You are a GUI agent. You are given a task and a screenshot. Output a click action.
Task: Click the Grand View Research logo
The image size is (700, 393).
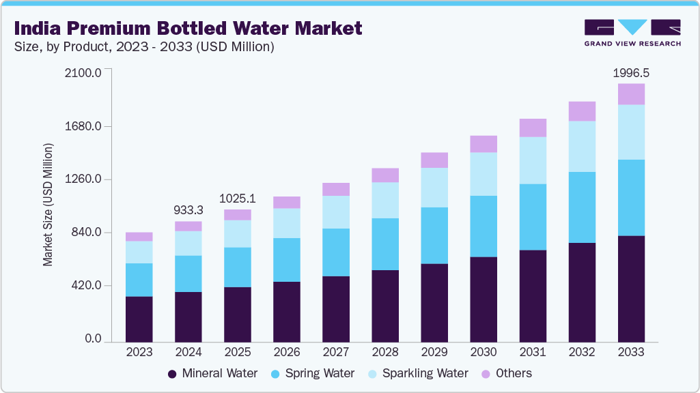(x=632, y=32)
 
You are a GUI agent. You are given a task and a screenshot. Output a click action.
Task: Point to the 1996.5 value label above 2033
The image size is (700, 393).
(x=631, y=72)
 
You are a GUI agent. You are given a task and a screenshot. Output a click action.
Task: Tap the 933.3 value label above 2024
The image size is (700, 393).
(x=188, y=210)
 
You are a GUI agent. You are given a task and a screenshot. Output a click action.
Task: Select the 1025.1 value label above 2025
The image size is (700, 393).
(x=238, y=199)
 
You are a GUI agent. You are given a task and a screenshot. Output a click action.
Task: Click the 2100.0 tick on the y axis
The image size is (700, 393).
(x=82, y=73)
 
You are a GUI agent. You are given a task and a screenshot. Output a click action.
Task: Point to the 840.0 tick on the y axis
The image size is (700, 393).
(x=85, y=233)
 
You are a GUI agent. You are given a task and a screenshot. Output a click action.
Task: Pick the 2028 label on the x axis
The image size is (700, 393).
(x=385, y=352)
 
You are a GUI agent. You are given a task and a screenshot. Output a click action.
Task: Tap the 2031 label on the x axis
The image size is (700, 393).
(x=533, y=352)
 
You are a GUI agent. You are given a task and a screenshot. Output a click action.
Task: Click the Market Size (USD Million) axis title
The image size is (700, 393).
(x=48, y=205)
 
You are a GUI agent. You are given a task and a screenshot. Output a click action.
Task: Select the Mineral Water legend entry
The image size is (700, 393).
(x=212, y=373)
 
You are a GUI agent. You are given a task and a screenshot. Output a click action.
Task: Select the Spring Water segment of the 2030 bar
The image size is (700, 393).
(x=484, y=226)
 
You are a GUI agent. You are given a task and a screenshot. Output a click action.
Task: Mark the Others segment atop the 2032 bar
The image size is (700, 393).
(x=582, y=111)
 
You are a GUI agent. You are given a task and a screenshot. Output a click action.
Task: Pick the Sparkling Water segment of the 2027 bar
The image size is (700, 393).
(x=336, y=212)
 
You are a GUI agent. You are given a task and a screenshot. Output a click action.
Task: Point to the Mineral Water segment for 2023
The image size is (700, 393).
(x=139, y=319)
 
